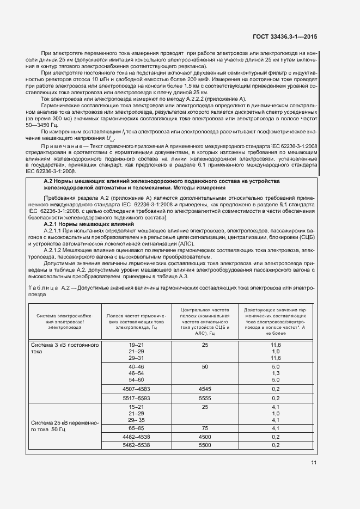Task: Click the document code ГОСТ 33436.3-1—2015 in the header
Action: tap(285, 37)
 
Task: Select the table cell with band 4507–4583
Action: tap(136, 389)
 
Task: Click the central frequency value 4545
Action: tap(205, 389)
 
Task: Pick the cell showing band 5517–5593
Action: tap(136, 398)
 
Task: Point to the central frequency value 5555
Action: tap(205, 398)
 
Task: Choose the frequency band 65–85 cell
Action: tap(136, 428)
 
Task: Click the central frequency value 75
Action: tap(205, 428)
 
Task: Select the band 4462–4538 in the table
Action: tap(136, 437)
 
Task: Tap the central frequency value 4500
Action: tap(205, 437)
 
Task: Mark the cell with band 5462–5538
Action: tap(136, 445)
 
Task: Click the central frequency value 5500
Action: tap(205, 445)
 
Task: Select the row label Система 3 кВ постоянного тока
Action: tap(64, 348)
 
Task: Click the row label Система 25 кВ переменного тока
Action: tap(64, 426)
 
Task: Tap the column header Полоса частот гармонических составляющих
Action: tap(136, 321)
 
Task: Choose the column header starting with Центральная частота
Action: tap(205, 321)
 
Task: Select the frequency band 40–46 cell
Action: tap(136, 367)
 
